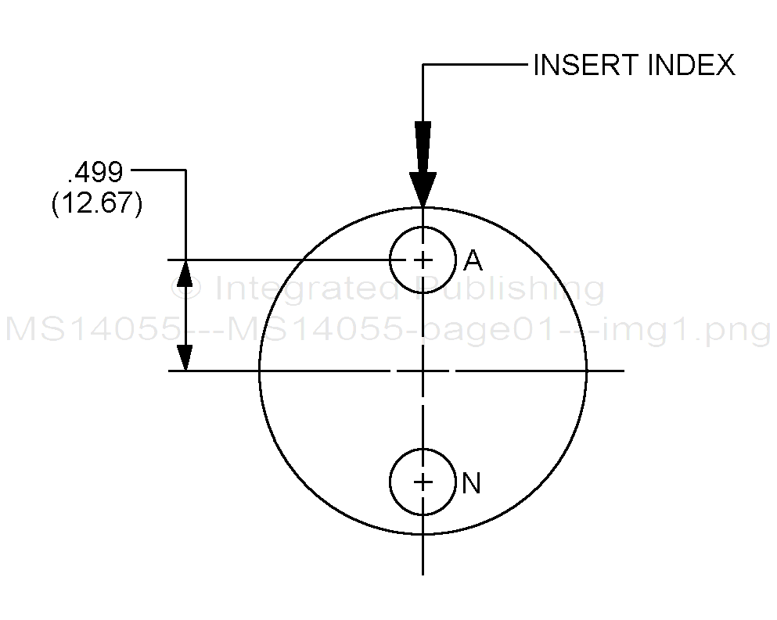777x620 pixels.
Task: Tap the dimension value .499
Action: pos(95,172)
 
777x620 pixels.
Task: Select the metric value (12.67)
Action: pos(96,203)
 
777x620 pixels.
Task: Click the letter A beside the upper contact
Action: pos(473,260)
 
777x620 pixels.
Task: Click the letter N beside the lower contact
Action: pos(471,483)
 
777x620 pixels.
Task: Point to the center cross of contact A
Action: pos(423,260)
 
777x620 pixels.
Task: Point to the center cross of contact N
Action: pos(423,482)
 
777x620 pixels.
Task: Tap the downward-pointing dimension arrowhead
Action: pos(185,357)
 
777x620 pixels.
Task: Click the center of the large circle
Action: pos(423,371)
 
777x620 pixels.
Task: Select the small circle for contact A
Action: pos(390,260)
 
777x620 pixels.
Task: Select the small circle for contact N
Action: pos(390,482)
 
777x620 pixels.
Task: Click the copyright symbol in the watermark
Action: pos(185,288)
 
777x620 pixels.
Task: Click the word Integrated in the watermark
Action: pos(308,288)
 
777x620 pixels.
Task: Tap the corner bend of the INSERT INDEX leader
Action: pos(423,64)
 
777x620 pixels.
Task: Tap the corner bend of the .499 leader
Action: pos(185,170)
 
